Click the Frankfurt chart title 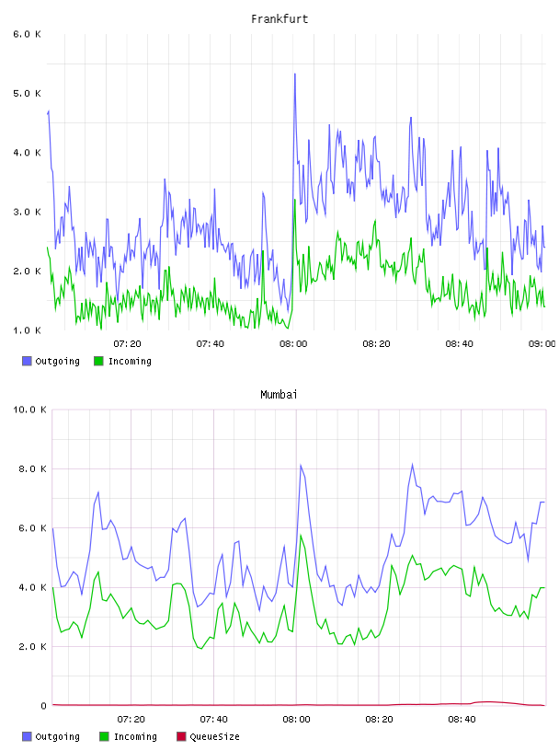coord(279,19)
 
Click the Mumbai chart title coord(279,395)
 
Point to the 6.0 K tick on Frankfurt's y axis coord(27,34)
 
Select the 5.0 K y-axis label coord(27,93)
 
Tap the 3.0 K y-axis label coord(27,212)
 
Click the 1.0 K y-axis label coord(27,330)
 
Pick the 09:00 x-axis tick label coord(542,344)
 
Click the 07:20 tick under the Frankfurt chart coord(127,344)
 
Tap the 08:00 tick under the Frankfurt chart coord(293,344)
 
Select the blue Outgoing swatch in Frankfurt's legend coord(27,361)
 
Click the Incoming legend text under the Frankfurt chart coord(130,361)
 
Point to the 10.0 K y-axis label coord(29,410)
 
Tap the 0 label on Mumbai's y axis coord(43,706)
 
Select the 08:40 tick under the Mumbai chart coord(462,720)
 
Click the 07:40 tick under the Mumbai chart coord(213,720)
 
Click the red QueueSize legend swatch coord(181,736)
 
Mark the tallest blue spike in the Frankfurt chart coord(295,75)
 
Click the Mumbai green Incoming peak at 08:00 coord(301,536)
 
